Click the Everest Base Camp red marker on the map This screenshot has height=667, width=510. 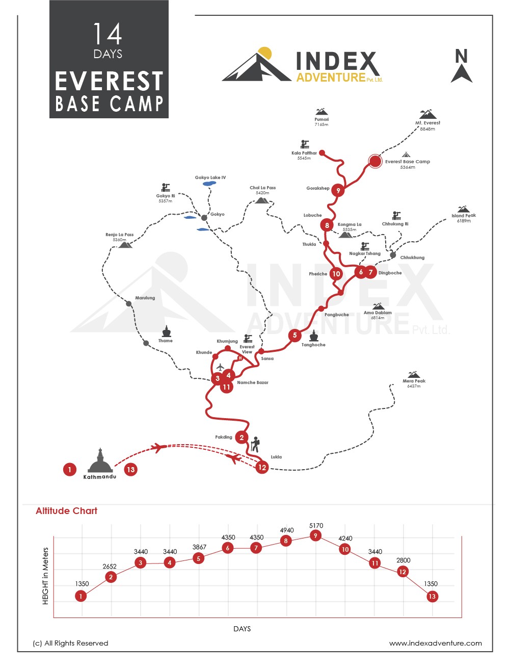[x=375, y=161]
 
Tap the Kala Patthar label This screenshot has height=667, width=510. [x=304, y=153]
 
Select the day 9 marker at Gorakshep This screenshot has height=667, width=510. [x=338, y=190]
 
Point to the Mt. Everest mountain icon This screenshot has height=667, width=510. [x=427, y=114]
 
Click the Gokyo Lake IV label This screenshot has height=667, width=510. [x=210, y=177]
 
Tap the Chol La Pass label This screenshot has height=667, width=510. [x=262, y=188]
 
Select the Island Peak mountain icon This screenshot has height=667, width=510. [x=463, y=209]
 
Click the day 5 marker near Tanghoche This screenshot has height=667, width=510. [x=294, y=335]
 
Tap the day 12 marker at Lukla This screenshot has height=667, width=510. [x=262, y=467]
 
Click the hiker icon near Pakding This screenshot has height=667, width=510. [x=255, y=444]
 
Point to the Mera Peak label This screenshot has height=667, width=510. [x=414, y=381]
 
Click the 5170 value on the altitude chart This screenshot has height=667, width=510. [x=316, y=526]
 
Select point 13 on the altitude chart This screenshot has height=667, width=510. [x=432, y=596]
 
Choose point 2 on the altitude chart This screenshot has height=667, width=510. [x=111, y=577]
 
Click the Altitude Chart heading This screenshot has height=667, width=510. [x=66, y=511]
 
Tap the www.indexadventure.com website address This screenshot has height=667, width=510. [x=435, y=643]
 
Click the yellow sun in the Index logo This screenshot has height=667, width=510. [x=265, y=53]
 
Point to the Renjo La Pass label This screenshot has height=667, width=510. [x=119, y=235]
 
